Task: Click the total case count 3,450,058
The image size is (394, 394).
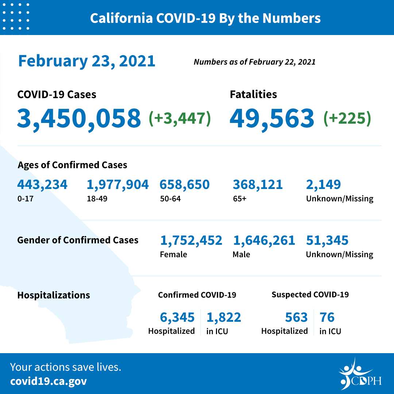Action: [x=79, y=118]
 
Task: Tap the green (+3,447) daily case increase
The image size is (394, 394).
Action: [x=180, y=118]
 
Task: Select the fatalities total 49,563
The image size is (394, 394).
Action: [x=272, y=118]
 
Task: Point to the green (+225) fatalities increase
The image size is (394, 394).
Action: [x=347, y=118]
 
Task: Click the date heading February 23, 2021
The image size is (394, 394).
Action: [x=87, y=61]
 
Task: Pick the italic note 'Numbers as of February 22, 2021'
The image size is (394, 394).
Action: [x=254, y=62]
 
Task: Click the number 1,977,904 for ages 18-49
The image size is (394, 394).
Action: [x=117, y=185]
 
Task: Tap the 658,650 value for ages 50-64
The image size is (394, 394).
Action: [x=184, y=185]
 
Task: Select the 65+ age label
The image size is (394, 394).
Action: [x=240, y=199]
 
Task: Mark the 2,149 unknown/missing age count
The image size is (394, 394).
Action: [x=323, y=185]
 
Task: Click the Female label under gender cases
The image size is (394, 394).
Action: [x=173, y=254]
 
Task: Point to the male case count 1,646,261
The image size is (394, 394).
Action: [x=264, y=240]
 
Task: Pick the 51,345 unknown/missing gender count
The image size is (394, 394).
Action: [x=327, y=240]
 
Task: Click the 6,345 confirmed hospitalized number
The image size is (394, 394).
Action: [x=177, y=317]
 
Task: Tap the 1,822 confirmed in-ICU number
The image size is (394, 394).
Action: [x=224, y=317]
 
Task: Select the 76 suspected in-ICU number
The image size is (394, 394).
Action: [x=327, y=317]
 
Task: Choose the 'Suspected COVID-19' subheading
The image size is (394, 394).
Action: [x=310, y=294]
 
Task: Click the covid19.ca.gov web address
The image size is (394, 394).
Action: [x=49, y=381]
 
